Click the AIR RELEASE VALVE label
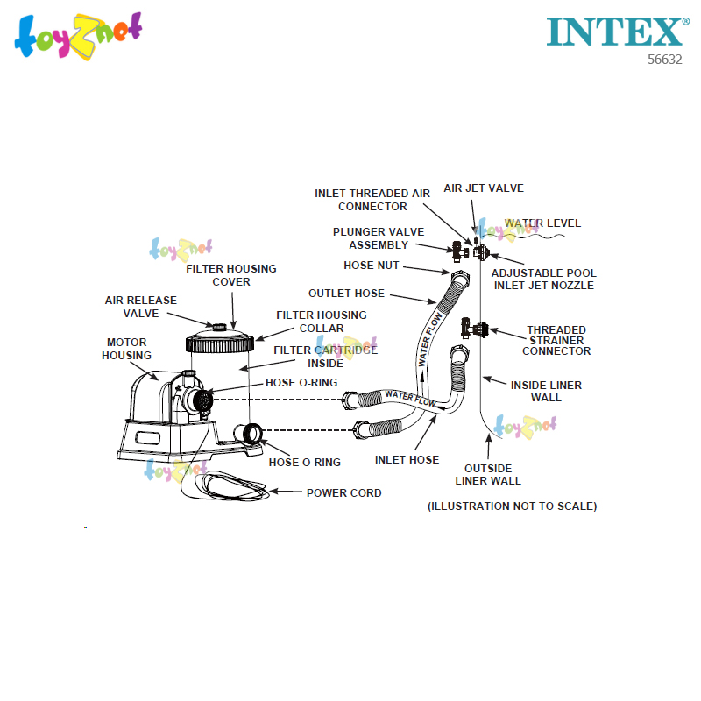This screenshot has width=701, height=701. (141, 307)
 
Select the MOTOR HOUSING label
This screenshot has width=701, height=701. (127, 349)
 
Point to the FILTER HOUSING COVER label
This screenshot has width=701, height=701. (230, 275)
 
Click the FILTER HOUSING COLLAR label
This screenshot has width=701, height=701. (322, 322)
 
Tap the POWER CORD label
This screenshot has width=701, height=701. (343, 493)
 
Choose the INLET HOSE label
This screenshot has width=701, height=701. (407, 460)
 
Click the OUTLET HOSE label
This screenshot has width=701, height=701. (346, 294)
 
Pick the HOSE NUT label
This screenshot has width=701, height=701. (372, 266)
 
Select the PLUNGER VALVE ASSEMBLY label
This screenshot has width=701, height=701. (378, 238)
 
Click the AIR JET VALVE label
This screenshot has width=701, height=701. (471, 188)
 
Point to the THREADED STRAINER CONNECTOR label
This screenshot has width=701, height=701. (556, 341)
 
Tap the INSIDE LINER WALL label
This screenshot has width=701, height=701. (546, 391)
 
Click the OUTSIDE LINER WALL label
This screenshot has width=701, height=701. (488, 474)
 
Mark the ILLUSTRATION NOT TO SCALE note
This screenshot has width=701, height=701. (512, 506)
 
